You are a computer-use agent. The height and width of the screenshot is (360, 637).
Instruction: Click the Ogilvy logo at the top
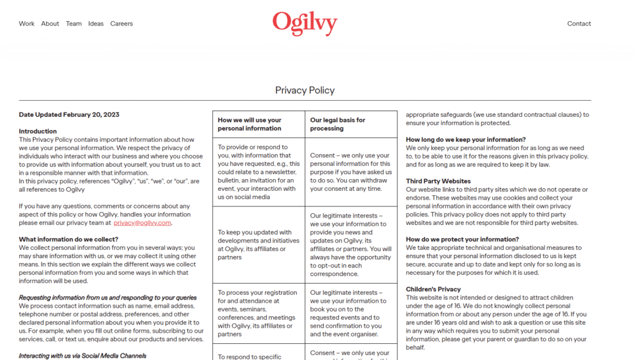coord(305,23)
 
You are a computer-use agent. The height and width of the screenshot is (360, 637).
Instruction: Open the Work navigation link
coord(27,24)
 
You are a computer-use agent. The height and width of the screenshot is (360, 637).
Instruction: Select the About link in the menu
coord(50,24)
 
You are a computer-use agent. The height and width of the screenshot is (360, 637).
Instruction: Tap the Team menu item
coord(74,24)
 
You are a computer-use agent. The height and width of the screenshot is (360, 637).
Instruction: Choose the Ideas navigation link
coord(96,24)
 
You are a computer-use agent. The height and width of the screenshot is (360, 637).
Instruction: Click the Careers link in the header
coord(122,24)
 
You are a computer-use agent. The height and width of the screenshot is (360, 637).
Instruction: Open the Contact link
coord(579,24)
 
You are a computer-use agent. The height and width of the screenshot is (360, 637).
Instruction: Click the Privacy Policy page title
coord(305,90)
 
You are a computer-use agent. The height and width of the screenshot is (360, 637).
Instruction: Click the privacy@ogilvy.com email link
coord(142,223)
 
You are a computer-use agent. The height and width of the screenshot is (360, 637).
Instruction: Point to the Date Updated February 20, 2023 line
coord(69,114)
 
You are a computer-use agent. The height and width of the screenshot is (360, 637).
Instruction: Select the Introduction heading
coord(38,131)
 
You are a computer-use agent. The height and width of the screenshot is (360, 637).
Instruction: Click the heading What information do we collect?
coord(68,239)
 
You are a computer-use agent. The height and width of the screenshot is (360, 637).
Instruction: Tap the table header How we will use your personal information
coord(250,124)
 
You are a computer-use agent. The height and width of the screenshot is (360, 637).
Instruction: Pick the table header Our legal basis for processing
coord(338,124)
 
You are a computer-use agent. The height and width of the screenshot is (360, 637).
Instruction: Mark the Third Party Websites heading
coord(439,181)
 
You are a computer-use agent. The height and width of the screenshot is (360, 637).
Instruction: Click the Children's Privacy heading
coord(434,289)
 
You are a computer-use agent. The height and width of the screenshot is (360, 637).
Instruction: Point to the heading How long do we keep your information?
coord(466,140)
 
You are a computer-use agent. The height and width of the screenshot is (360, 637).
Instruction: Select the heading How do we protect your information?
coord(462,239)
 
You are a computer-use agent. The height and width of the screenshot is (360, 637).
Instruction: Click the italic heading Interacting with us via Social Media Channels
coord(83,356)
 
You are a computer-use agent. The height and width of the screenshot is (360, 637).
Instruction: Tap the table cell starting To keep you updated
coord(254,244)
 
